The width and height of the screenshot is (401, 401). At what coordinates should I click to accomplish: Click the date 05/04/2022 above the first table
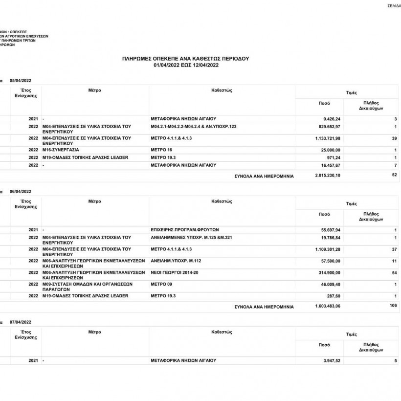coord(21,80)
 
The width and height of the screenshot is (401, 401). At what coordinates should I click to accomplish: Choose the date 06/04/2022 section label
coord(21,192)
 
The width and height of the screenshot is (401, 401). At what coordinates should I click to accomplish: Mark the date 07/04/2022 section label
coord(21,323)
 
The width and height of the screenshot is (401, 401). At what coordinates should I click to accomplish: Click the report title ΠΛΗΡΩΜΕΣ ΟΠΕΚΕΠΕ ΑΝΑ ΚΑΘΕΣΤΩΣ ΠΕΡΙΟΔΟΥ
coord(185,58)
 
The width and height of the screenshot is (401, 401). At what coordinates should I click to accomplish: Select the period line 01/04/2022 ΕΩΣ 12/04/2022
coord(185,65)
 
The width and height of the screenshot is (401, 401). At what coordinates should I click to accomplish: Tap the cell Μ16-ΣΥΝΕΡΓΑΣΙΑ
coord(61,150)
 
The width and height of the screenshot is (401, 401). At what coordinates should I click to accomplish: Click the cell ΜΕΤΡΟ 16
coord(162,150)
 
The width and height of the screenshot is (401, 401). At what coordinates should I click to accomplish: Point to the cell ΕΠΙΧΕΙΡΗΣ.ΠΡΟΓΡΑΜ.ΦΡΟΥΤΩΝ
coord(185,229)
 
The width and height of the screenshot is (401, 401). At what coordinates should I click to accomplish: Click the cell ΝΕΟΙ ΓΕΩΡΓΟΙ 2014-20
coord(175,272)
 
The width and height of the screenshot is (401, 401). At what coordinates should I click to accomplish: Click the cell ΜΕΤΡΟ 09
coord(162,284)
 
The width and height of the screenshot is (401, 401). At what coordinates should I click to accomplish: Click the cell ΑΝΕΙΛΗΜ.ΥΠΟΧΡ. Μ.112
coord(176,261)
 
